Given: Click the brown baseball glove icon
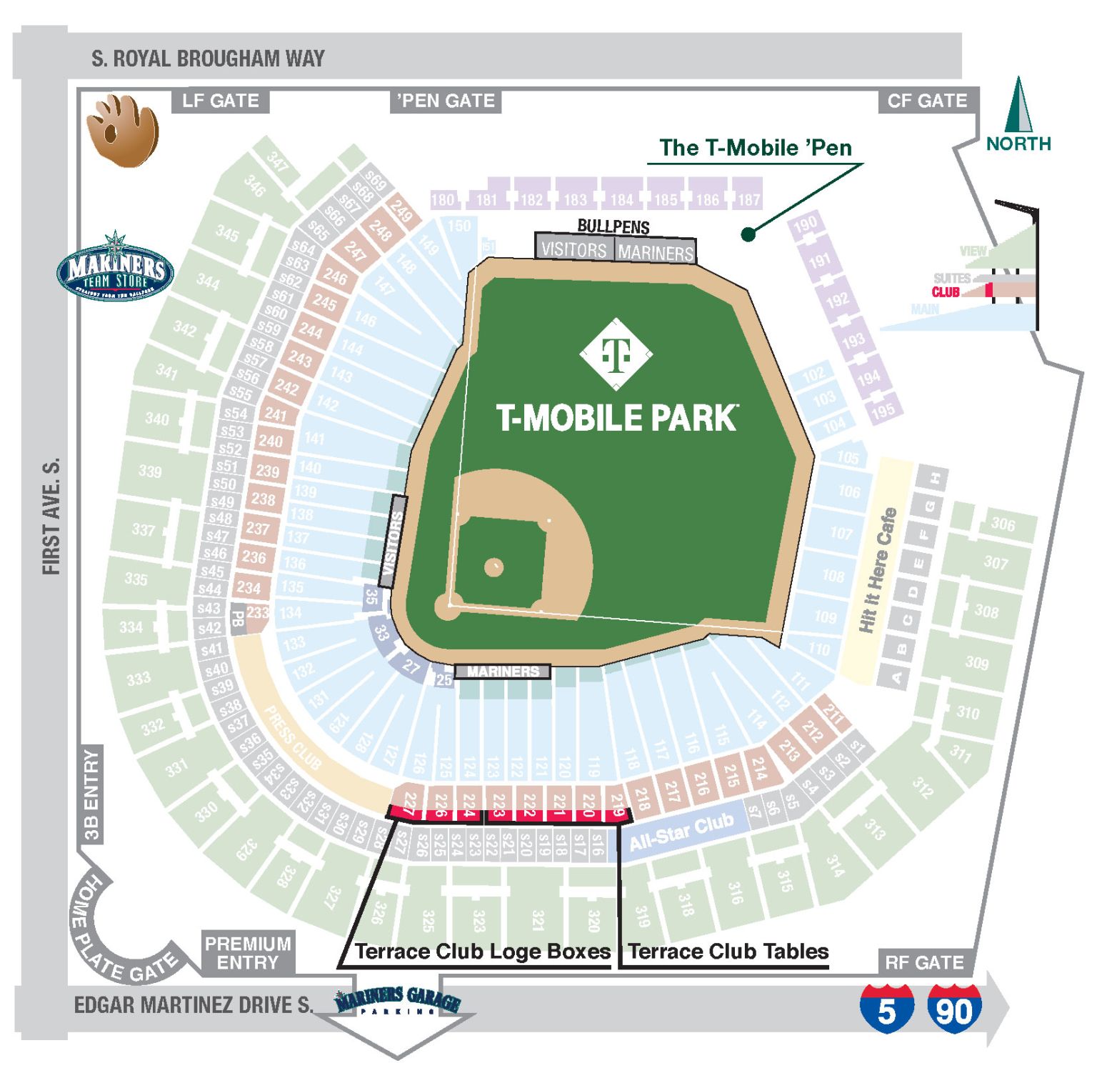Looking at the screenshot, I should (122, 131).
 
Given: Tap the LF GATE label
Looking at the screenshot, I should (220, 101).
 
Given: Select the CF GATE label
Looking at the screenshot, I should (927, 101).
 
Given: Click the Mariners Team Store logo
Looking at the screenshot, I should (115, 266).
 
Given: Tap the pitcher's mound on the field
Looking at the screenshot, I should (494, 568).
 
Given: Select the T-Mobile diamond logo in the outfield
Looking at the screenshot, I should (616, 354).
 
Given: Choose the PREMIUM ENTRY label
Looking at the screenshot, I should (247, 953).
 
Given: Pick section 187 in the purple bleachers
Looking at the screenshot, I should (748, 199).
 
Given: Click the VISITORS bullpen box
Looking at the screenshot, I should (573, 249).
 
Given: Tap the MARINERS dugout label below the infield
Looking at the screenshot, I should (503, 672).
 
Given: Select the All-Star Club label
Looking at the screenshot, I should (681, 832).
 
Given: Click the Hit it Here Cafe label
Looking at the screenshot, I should (878, 569).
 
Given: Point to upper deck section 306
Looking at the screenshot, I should (1002, 524).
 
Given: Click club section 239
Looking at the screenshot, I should (267, 471).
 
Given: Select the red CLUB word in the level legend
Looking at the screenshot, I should (945, 292).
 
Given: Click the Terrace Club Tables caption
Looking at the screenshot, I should (728, 952).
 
